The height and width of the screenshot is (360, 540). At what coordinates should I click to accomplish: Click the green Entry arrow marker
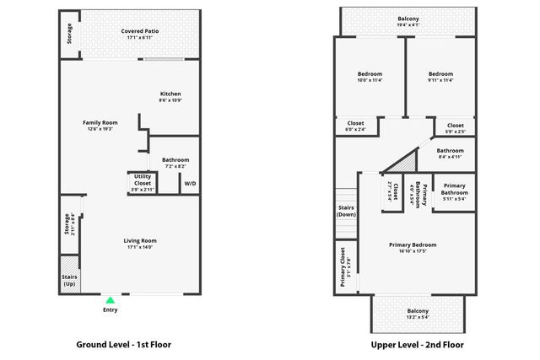(x=110, y=299)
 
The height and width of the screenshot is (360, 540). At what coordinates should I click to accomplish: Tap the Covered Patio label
(x=140, y=34)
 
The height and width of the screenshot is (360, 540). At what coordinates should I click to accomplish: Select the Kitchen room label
(x=170, y=97)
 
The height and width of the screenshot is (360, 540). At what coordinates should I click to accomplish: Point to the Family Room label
(x=100, y=126)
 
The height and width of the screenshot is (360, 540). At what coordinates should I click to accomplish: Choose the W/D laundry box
(x=190, y=183)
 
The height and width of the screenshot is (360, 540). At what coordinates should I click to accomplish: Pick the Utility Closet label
(x=143, y=183)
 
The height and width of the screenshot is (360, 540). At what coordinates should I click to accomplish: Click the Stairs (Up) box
(x=69, y=280)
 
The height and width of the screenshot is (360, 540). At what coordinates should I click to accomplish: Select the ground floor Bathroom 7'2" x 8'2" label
(x=175, y=163)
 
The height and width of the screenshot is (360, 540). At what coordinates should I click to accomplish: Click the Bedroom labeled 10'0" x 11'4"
(x=370, y=78)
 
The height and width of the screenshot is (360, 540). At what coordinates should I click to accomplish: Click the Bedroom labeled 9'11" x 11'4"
(x=440, y=78)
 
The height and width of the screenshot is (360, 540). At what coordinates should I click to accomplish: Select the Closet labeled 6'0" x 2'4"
(x=356, y=127)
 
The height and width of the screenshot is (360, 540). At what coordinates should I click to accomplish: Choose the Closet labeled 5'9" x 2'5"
(x=455, y=128)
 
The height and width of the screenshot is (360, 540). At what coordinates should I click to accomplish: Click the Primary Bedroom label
(x=413, y=248)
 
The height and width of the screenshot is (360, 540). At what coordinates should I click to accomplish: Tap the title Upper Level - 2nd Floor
(x=417, y=345)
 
